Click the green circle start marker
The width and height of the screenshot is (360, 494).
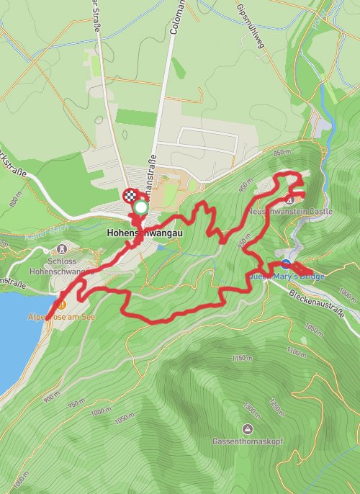[x=141, y=208]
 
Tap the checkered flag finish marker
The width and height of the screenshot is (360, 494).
[x=130, y=195]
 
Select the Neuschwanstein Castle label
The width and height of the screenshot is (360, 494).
[x=289, y=212]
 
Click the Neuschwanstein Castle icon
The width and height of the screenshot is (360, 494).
[x=289, y=199]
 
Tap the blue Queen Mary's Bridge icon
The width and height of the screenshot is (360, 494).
[x=286, y=264]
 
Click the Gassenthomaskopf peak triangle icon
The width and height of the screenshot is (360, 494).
[x=247, y=429]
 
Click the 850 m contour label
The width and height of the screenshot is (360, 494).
[x=281, y=152]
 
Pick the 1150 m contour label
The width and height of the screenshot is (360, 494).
[x=243, y=358]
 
